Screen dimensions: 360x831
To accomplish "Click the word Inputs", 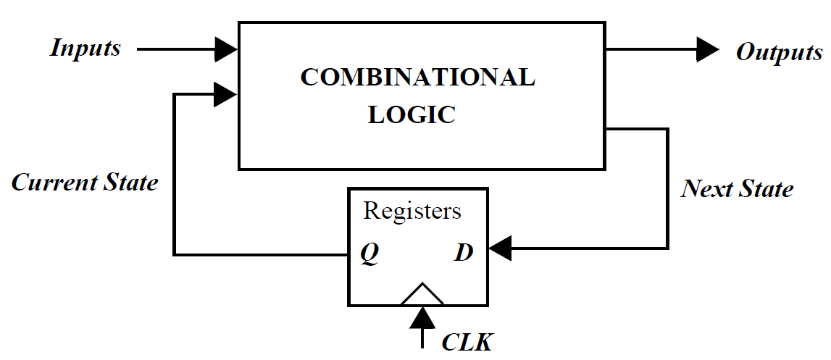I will (85, 49).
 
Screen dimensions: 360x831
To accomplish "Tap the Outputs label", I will (779, 53).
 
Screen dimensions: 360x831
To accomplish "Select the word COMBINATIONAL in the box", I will (418, 78).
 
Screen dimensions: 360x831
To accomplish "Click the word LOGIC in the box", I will (412, 114).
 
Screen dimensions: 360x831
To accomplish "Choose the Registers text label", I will (412, 211).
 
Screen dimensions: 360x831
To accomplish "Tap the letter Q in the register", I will (369, 254).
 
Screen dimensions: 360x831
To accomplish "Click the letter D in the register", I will (464, 254).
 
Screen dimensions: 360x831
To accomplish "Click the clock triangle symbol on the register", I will (422, 294).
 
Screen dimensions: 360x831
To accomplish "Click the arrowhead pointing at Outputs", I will (706, 49).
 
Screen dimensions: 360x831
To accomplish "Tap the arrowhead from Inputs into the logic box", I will (227, 49).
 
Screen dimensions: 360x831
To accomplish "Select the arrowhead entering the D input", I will (501, 249).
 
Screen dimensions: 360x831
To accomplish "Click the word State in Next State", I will (766, 189).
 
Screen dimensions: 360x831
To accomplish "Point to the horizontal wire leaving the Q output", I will (261, 254).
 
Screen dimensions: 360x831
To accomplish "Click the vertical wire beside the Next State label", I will (667, 188).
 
